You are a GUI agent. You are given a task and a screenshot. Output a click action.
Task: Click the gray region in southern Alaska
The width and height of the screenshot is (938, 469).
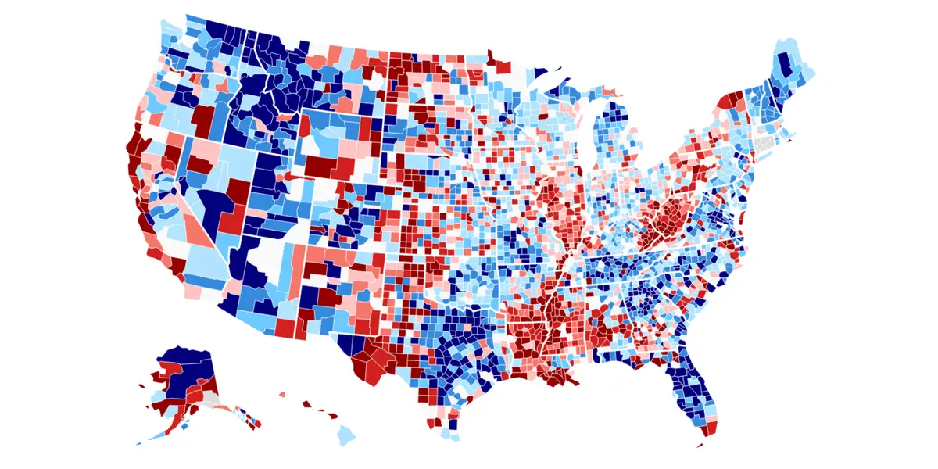click(x=209, y=398)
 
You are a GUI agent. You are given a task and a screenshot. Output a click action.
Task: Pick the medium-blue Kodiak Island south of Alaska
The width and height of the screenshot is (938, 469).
click(x=184, y=427)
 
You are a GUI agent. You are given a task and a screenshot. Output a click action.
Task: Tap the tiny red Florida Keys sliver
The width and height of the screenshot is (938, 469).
click(x=697, y=446)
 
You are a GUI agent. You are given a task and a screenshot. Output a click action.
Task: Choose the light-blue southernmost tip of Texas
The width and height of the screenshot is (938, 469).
click(x=446, y=431)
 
